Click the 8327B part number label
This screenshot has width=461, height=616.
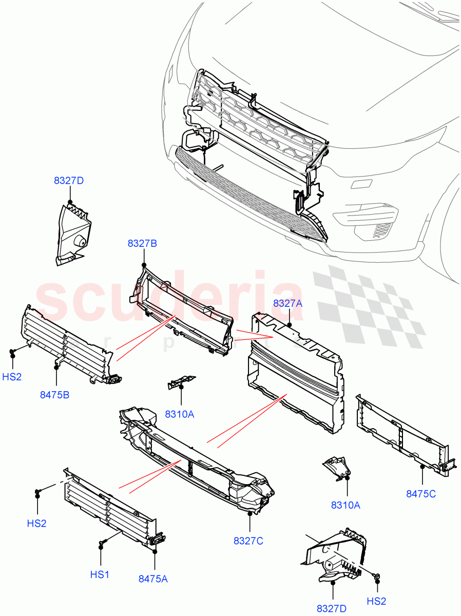(142, 243)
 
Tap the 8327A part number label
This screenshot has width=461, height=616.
(287, 303)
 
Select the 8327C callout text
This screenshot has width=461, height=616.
(248, 541)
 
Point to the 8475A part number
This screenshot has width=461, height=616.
(153, 579)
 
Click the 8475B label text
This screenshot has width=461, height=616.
(54, 395)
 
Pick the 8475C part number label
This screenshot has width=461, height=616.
(420, 494)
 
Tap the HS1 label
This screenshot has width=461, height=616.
(100, 574)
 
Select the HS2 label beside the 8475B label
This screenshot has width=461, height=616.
(12, 377)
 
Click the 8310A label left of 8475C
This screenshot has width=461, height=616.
(345, 505)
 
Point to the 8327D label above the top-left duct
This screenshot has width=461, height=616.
(68, 181)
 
